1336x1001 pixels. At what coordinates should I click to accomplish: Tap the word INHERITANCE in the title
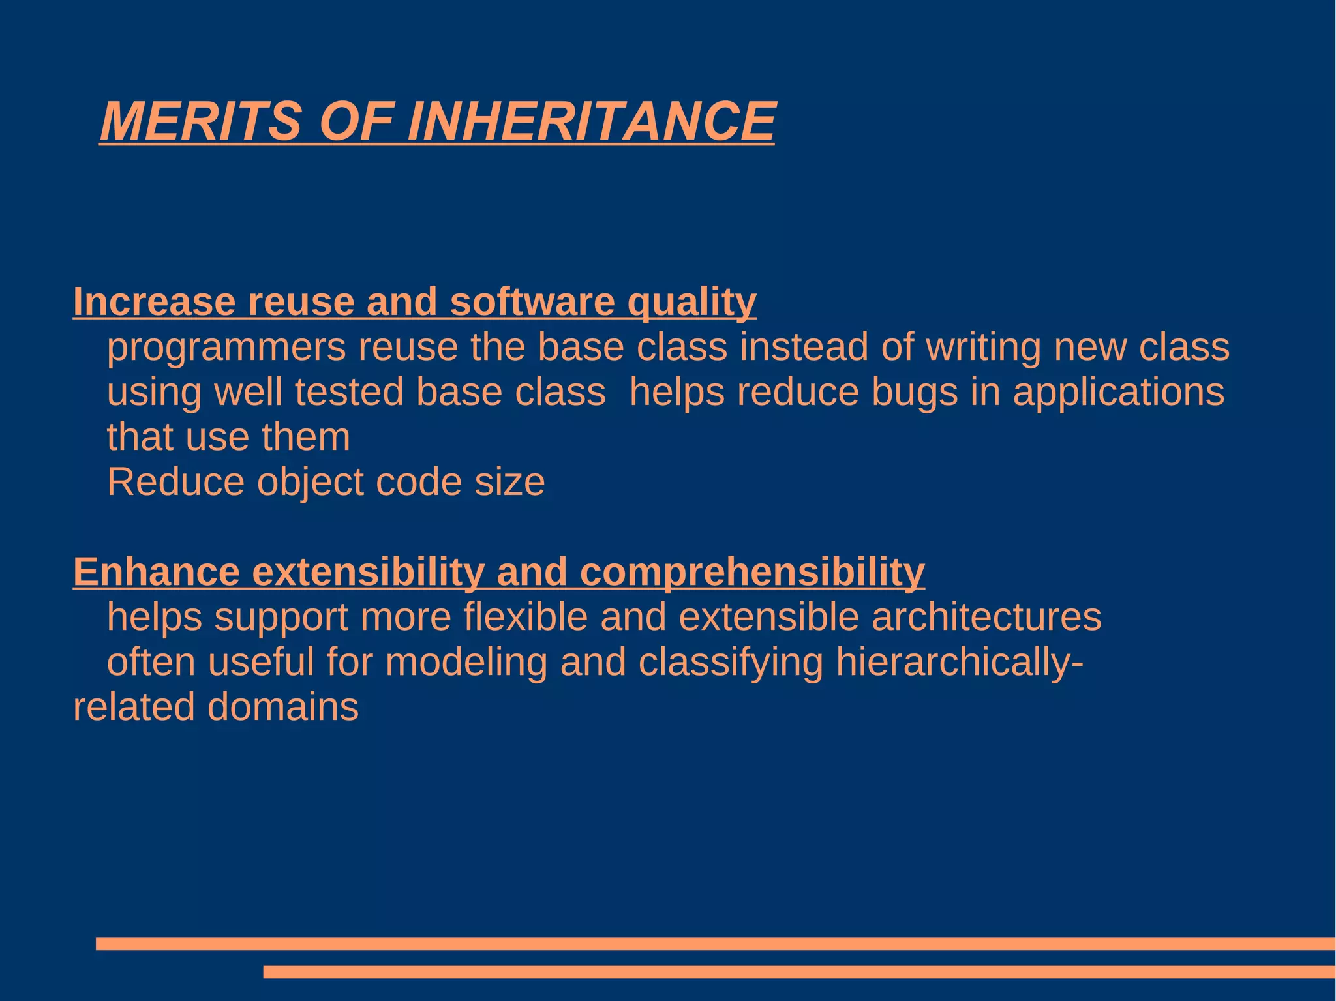click(x=590, y=121)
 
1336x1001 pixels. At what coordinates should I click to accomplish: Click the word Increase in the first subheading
click(x=154, y=302)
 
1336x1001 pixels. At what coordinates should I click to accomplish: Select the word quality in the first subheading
click(x=691, y=303)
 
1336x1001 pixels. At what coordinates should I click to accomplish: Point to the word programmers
click(x=226, y=348)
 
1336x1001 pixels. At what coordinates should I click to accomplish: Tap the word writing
click(x=984, y=348)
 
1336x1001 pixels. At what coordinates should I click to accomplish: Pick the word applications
click(x=1118, y=393)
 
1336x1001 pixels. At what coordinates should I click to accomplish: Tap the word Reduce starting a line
click(x=175, y=482)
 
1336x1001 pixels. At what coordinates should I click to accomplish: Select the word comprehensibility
click(x=751, y=573)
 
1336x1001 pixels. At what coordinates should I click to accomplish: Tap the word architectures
click(x=986, y=617)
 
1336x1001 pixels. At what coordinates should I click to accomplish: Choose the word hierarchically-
click(x=960, y=663)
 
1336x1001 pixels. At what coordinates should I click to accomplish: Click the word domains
click(x=282, y=707)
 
